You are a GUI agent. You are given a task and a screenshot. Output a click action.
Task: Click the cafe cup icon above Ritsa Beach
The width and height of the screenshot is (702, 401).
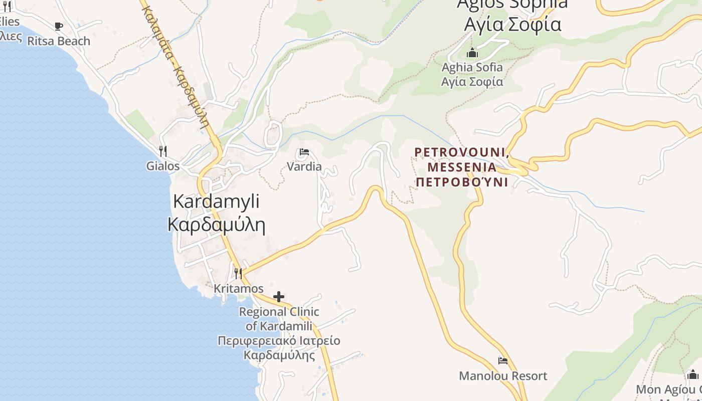pos(59,26)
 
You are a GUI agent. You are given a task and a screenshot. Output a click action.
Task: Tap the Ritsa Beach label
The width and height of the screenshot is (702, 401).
pos(59,41)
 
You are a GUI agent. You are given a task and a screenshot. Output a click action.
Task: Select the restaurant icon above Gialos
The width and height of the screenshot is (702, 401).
pos(162,151)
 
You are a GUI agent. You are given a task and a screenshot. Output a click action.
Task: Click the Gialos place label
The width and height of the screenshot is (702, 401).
pos(163,166)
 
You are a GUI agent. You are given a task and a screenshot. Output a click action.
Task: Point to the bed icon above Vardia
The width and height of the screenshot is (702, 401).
pos(304,152)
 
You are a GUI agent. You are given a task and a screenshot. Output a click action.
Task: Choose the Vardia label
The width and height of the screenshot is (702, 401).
pos(304,166)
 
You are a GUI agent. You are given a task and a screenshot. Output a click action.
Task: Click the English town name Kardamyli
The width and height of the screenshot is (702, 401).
pos(216,202)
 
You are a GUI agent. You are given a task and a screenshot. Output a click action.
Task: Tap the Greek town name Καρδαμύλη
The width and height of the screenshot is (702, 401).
pos(216,224)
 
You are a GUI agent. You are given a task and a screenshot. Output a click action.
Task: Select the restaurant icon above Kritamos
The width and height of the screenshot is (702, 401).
pos(238,273)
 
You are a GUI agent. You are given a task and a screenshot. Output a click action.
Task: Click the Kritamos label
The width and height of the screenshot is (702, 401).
pos(239,289)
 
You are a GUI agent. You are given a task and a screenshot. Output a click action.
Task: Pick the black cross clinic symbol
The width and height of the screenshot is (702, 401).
pos(279,297)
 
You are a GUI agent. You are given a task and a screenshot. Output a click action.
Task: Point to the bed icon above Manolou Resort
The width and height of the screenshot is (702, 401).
pos(503,361)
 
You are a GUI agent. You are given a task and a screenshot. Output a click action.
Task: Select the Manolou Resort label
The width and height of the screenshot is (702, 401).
pos(503,376)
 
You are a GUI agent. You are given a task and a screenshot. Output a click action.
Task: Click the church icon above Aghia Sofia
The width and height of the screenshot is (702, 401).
pos(472,53)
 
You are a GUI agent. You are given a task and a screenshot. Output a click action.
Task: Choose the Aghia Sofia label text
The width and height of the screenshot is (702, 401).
pos(472,67)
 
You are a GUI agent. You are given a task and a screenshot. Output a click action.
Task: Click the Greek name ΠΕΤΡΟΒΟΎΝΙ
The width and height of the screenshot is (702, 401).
pos(462,181)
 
